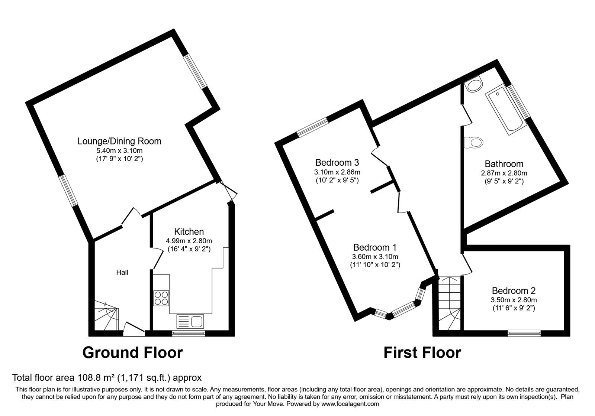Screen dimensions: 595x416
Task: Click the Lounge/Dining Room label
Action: pos(119,141)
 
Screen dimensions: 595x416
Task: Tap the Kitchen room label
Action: pos(189,232)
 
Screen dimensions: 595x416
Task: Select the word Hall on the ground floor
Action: pos(122,272)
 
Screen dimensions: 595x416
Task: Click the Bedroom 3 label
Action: pos(337,162)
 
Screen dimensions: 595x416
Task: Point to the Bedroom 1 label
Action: pos(375,247)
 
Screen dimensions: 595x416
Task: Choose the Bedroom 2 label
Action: pos(514,290)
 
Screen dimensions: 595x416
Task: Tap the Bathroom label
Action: pos(504,164)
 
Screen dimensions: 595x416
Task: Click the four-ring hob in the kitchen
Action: pos(161,298)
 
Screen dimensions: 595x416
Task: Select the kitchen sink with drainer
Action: pos(190,322)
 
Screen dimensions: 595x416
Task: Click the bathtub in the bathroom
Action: pos(506,110)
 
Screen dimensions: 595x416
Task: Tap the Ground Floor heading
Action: pos(132,353)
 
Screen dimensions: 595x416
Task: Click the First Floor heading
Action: pos(422,353)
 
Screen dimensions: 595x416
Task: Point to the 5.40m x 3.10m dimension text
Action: pos(119,151)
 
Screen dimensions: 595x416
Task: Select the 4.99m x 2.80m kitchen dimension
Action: pos(189,241)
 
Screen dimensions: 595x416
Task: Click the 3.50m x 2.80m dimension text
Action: pos(514,300)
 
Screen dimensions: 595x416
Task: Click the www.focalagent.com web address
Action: pos(350,404)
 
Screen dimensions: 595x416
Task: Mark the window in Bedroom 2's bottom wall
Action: pos(524,333)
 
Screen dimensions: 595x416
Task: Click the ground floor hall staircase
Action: pos(106,315)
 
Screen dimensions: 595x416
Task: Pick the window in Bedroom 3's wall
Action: pos(313,128)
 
